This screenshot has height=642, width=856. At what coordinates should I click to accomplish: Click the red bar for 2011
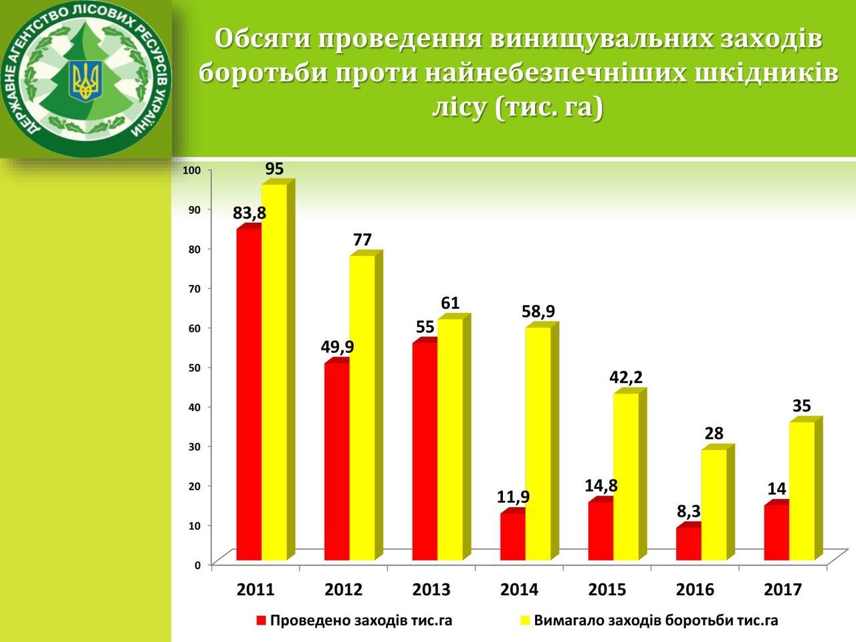coord(249,394)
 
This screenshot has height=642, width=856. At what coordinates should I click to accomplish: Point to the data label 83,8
coord(249,213)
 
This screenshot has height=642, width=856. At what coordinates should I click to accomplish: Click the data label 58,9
coord(538,312)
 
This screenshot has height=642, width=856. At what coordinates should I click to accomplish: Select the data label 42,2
coord(626,377)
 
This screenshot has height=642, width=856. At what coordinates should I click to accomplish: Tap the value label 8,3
coord(689,511)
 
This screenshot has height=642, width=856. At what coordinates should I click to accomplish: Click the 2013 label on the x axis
coord(431,590)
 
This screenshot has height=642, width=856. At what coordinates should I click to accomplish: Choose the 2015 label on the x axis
coord(607,590)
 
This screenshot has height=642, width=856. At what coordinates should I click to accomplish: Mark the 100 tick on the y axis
coord(192,171)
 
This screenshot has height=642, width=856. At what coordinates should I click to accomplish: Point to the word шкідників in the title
coord(764,72)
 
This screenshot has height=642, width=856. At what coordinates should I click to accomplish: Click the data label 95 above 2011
coord(275,169)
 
